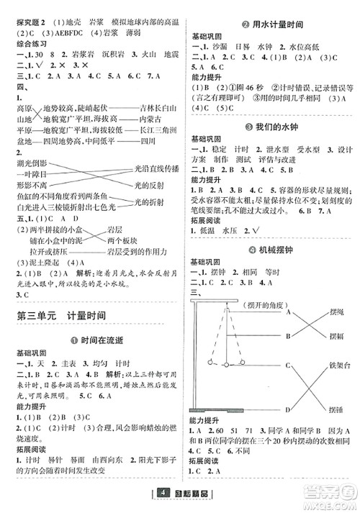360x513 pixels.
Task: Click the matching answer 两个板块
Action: click(122, 239)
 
